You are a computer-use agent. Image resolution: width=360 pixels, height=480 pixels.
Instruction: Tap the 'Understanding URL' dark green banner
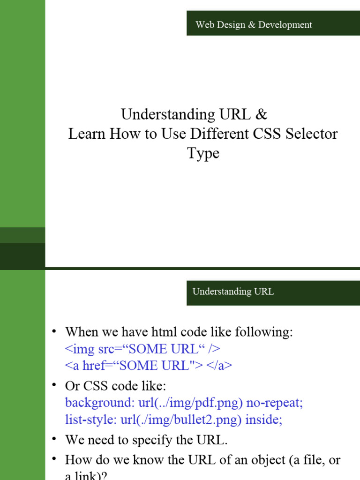(273, 292)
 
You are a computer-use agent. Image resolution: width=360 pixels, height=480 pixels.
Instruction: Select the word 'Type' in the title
(203, 154)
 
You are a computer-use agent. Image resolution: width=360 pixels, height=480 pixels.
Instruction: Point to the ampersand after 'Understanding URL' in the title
(262, 114)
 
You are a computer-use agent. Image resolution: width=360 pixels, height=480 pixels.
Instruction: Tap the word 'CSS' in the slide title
(266, 134)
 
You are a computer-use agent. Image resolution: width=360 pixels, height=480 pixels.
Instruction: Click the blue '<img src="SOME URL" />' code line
(142, 349)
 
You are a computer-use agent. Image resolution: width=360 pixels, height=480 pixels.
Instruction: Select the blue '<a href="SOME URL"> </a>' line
(149, 366)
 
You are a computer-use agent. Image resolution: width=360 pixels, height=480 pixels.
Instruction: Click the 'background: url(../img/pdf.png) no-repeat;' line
(184, 403)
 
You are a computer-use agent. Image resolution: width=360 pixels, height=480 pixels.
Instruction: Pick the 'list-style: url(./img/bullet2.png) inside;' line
(173, 420)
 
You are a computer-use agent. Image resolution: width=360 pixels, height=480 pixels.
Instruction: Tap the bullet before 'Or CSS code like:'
(55, 386)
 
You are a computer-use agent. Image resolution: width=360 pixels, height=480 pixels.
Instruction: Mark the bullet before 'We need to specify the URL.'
(55, 440)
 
